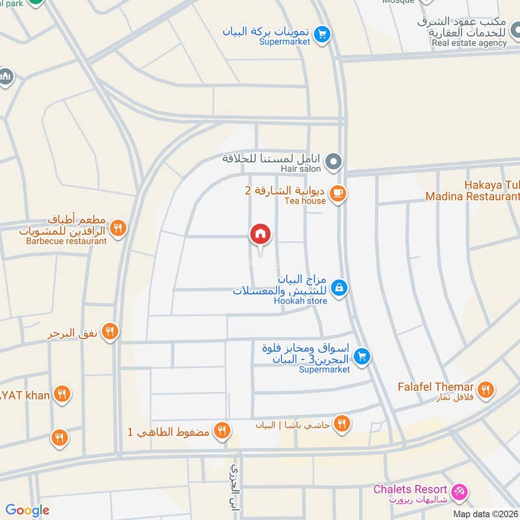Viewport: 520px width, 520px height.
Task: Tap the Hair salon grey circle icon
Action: tap(333, 160)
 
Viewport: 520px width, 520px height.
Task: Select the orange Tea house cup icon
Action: tap(337, 193)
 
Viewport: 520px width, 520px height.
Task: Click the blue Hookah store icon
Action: tap(339, 287)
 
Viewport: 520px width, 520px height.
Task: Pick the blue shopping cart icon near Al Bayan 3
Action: tap(363, 356)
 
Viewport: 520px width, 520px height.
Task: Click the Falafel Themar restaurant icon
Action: tap(485, 390)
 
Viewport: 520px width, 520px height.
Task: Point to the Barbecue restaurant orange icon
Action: tap(118, 227)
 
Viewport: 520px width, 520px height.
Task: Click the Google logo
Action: tap(27, 510)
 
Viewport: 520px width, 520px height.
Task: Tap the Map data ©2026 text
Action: tap(486, 513)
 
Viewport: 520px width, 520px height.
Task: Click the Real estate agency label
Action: tap(469, 43)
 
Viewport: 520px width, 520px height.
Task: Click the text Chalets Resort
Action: tap(410, 489)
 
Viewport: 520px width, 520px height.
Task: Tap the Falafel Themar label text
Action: tap(435, 387)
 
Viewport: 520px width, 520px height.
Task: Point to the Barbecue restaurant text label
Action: tap(66, 241)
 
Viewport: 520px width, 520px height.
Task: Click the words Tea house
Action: tap(304, 201)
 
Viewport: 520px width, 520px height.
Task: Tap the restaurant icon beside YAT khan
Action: tap(62, 394)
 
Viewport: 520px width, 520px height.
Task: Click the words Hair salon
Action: tap(302, 168)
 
